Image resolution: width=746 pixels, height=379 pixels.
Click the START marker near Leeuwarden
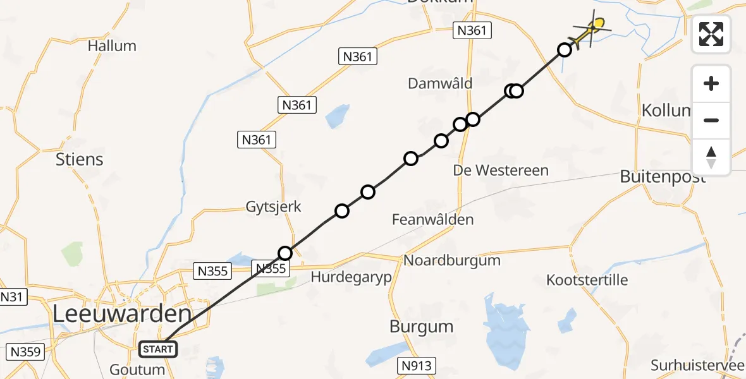point(158,349)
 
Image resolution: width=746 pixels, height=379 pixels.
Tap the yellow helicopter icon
point(591,29)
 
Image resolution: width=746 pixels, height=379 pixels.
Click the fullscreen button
point(711,34)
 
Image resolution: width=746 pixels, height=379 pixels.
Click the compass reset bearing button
point(711,157)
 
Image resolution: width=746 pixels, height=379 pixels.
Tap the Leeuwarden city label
point(121,314)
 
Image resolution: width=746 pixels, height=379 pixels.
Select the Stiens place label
point(80,159)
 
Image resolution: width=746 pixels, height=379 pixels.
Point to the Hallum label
point(112,46)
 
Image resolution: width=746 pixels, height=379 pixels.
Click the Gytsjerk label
point(274,207)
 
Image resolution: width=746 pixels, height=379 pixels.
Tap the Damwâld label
point(440,83)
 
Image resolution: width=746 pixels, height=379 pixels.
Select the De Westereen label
point(501,170)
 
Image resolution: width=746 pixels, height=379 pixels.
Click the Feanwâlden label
point(432,220)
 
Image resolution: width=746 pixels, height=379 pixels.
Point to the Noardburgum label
point(452,260)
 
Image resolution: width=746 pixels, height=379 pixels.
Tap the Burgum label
point(422,327)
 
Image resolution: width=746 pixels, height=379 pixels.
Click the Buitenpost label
point(663,177)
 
